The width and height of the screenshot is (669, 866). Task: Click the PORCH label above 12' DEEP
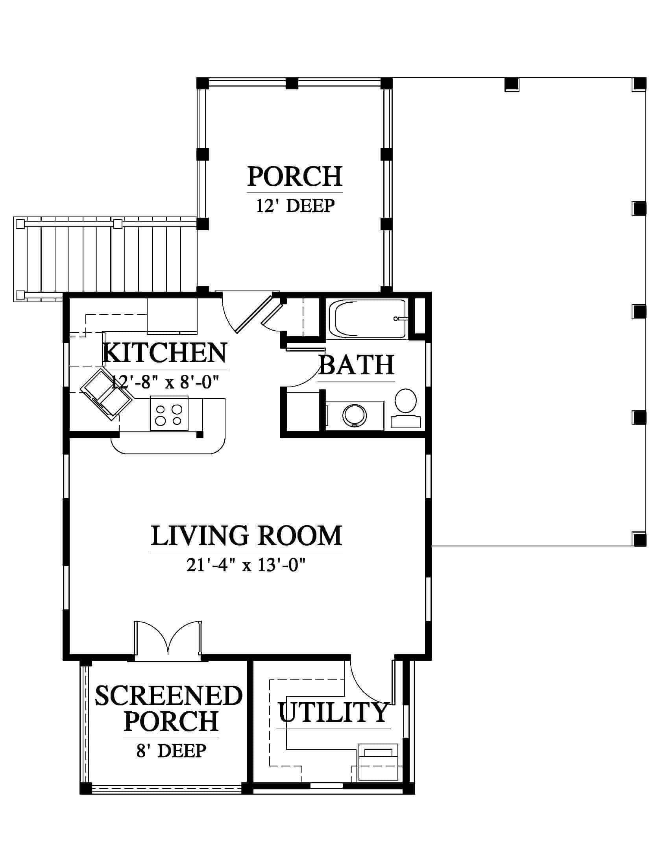click(295, 176)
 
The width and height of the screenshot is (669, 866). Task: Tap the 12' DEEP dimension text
click(295, 206)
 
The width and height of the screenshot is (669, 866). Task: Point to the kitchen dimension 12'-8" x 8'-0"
click(165, 382)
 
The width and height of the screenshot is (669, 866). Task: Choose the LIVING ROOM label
click(246, 536)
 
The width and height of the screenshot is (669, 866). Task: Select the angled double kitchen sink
click(106, 394)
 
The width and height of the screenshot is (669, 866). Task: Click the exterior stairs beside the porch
click(105, 259)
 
